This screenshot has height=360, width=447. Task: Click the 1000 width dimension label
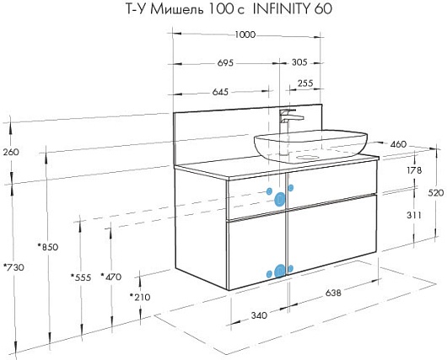245,35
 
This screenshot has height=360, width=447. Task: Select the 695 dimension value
225,62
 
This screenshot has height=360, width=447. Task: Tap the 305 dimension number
299,62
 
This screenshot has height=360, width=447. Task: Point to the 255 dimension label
305,83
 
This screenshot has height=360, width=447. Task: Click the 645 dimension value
220,92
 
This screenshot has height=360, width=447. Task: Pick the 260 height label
11,152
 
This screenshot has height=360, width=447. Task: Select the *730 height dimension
13,267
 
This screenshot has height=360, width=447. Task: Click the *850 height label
48,247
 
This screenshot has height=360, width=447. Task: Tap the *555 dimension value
81,277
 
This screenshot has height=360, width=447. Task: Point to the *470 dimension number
110,277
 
